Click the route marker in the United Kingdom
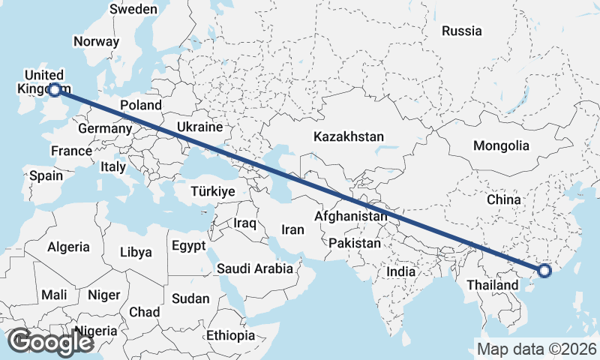[x=54, y=91]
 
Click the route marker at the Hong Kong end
[x=544, y=271]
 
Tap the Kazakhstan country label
[x=349, y=137]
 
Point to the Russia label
[x=461, y=31]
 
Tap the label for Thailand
[x=492, y=285]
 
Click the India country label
[x=400, y=272]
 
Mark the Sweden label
[x=133, y=10]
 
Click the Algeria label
[x=68, y=247]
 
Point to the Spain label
[x=46, y=176]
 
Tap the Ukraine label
[x=200, y=127]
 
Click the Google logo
[x=49, y=342]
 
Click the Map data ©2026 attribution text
[x=536, y=349]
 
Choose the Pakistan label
[x=355, y=243]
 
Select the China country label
[x=503, y=200]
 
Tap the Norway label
[x=97, y=42]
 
